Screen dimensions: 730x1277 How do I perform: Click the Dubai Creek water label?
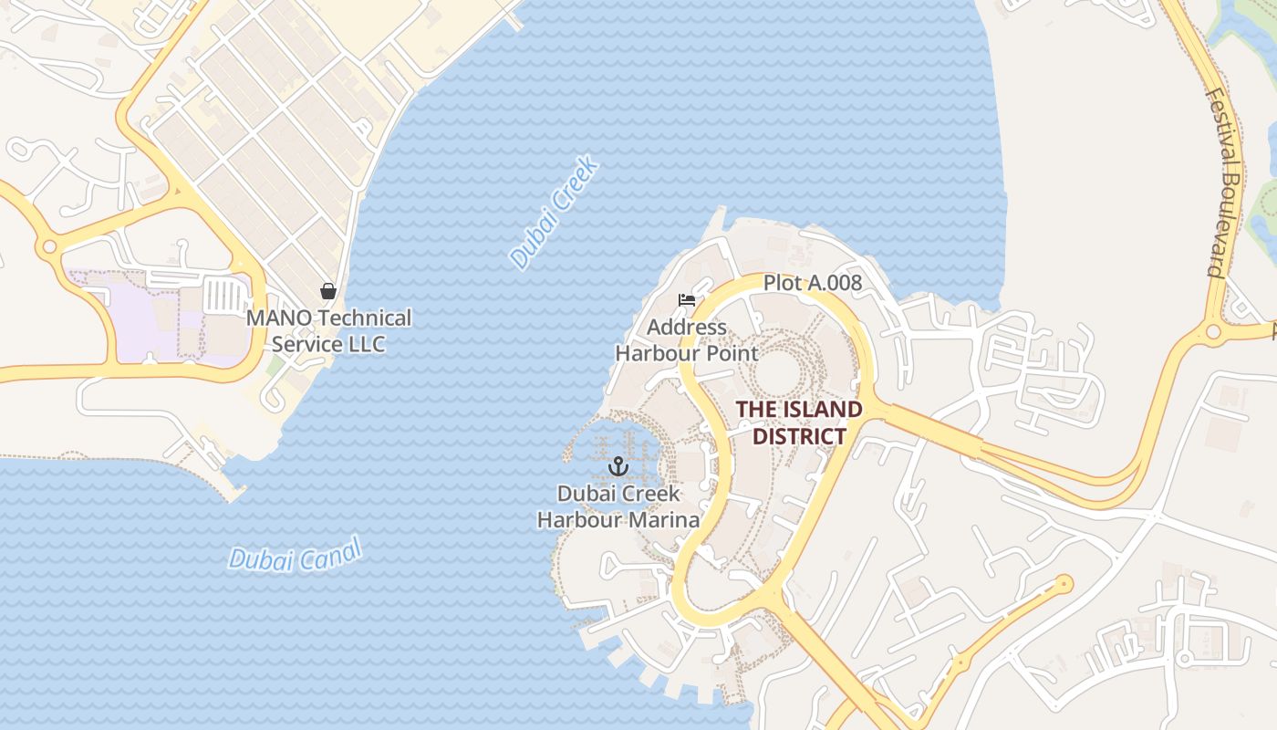(554, 213)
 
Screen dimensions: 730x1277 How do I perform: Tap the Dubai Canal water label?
(295, 554)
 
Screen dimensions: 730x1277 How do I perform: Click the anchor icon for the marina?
(618, 467)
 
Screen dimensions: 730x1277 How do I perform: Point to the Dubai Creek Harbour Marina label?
(618, 506)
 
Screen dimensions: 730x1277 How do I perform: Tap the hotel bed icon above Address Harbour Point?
(687, 300)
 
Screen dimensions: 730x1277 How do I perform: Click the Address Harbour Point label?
(687, 339)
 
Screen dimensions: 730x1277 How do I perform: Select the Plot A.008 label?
(812, 283)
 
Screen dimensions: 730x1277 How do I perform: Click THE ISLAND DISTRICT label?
(799, 422)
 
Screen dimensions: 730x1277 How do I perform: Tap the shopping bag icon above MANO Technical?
(328, 292)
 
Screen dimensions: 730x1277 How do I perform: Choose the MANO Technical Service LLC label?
(328, 331)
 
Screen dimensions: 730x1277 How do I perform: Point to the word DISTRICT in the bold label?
(799, 436)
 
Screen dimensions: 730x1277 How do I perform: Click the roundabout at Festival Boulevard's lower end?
(1213, 332)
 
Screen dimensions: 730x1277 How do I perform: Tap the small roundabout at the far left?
(49, 247)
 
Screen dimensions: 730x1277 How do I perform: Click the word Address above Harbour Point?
(687, 327)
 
